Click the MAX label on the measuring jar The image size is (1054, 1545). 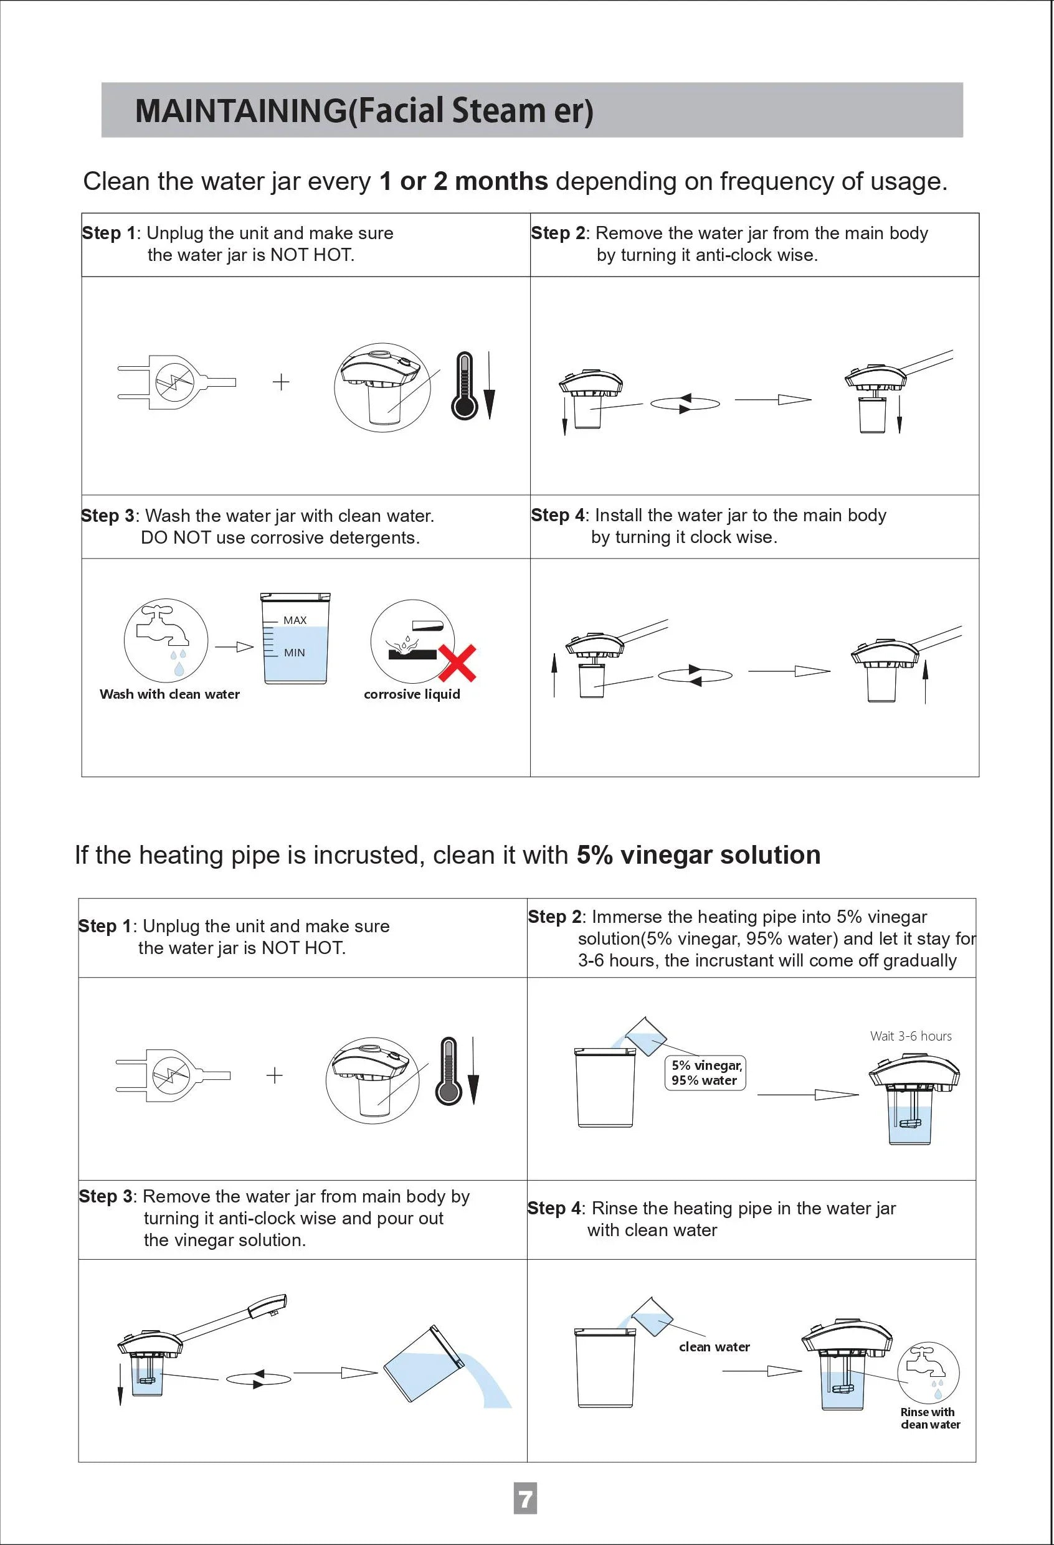[295, 620]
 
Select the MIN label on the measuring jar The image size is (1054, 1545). [294, 653]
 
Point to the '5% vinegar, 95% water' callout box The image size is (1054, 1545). [706, 1072]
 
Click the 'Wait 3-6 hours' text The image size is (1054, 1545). [910, 1036]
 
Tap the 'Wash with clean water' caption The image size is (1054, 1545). [169, 694]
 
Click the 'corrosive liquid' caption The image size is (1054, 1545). [412, 694]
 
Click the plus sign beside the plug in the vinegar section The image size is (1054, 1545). [274, 1075]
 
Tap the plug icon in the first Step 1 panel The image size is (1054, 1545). [174, 382]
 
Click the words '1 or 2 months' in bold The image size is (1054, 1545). [463, 181]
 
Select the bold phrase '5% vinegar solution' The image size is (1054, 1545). [698, 854]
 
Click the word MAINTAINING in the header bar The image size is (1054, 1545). [240, 110]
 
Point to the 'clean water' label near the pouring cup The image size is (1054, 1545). [715, 1347]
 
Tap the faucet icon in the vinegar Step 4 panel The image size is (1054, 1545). [928, 1363]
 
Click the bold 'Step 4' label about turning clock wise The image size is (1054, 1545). [558, 515]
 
